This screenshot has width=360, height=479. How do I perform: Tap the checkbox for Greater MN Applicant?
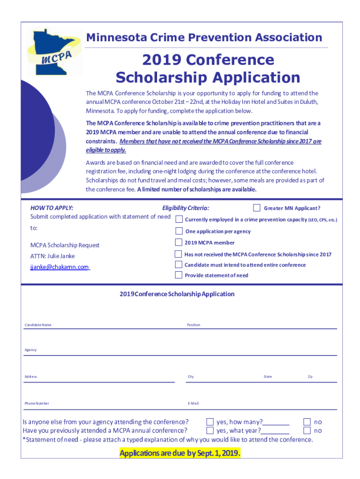(x=257, y=208)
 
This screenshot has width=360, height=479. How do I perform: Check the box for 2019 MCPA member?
(x=179, y=242)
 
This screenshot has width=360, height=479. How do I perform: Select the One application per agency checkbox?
(x=179, y=231)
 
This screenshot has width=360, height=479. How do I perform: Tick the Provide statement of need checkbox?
(x=179, y=275)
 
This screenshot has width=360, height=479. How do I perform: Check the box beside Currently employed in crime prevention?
(x=179, y=219)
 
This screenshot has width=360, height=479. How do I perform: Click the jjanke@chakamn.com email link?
(x=59, y=267)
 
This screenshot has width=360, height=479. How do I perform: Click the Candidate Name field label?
(x=38, y=325)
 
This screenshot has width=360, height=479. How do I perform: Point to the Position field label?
(x=194, y=325)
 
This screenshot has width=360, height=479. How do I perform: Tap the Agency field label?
(x=30, y=350)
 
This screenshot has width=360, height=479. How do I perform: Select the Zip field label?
(x=310, y=377)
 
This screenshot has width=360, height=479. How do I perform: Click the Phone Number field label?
(x=36, y=403)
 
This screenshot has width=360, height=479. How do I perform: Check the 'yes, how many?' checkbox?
(x=210, y=422)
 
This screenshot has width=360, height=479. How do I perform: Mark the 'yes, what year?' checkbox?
(x=210, y=430)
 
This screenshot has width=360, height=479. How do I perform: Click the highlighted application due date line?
(x=180, y=453)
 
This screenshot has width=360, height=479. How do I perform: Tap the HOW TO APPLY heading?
(x=51, y=208)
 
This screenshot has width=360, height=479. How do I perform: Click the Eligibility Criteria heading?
(x=186, y=208)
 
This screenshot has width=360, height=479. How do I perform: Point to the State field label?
(x=267, y=377)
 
